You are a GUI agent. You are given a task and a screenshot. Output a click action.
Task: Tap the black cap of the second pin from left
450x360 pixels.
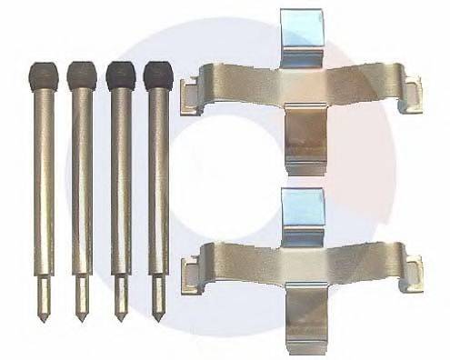(82, 75)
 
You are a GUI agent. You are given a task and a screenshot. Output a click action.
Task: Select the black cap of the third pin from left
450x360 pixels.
(120, 75)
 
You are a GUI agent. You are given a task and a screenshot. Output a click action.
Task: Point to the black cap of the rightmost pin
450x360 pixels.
(158, 75)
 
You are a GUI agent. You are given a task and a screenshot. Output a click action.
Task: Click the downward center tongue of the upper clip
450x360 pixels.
(305, 136)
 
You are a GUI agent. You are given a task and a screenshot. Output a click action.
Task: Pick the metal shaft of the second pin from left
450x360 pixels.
(82, 182)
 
